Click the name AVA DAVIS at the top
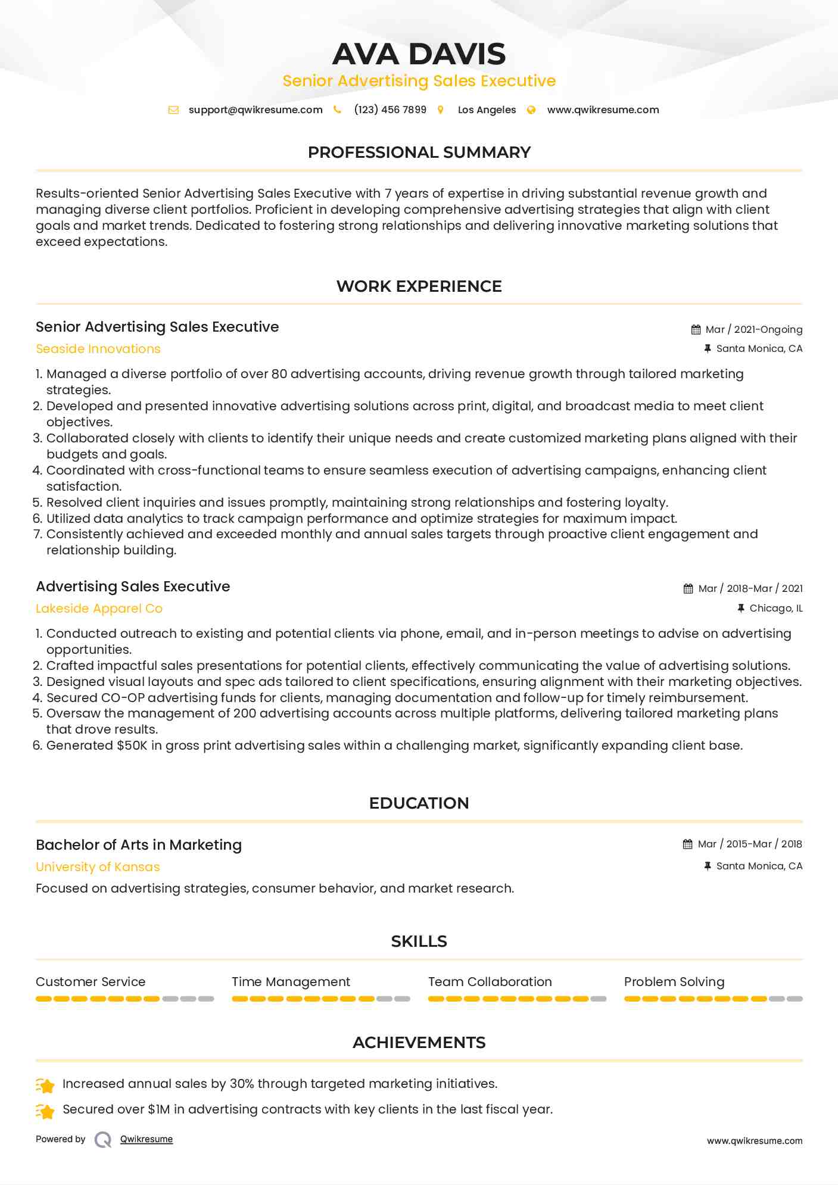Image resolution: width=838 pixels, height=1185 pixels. tap(419, 54)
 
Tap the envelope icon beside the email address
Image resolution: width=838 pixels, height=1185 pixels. tap(173, 110)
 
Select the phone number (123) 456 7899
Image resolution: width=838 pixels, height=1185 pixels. tap(390, 110)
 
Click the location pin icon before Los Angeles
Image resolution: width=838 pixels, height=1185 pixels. tap(441, 110)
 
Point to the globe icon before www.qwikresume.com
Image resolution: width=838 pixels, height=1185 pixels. tap(531, 110)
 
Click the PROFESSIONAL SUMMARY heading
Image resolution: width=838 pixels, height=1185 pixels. tap(419, 152)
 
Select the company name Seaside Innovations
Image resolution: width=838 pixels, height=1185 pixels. tap(98, 349)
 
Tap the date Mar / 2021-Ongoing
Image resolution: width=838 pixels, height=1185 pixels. tap(753, 330)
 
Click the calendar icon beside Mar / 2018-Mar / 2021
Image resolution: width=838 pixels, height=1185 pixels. tap(688, 589)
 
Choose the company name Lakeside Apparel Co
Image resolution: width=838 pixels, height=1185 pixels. tap(99, 609)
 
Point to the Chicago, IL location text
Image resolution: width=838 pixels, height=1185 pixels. tap(775, 609)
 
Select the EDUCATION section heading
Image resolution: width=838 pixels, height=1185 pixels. tap(419, 803)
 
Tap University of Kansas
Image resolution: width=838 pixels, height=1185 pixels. tap(98, 867)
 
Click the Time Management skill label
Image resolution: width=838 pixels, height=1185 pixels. tap(291, 982)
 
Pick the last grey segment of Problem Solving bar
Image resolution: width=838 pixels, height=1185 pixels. tap(795, 999)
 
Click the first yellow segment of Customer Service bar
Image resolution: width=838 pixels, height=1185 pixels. tap(43, 999)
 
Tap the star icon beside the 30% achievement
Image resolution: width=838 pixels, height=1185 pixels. tap(45, 1086)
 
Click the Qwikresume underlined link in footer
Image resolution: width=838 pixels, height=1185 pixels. tap(147, 1139)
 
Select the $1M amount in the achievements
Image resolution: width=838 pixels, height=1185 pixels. tap(159, 1109)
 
